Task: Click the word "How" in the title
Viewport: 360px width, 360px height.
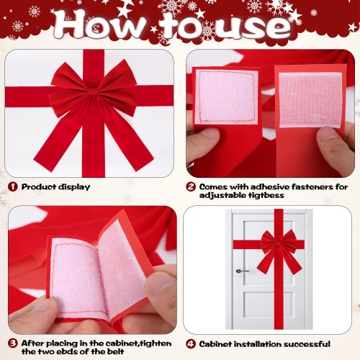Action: [100, 25]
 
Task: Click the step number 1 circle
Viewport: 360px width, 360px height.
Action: [13, 186]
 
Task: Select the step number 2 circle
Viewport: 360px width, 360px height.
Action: [191, 186]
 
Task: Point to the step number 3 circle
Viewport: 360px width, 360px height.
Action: [13, 343]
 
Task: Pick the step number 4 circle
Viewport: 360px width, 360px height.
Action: [191, 344]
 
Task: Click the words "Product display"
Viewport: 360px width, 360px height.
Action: [55, 187]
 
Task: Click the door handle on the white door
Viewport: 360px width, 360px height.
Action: [242, 271]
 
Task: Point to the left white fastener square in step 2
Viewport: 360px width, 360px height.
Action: [226, 97]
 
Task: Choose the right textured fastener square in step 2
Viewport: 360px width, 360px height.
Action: [310, 100]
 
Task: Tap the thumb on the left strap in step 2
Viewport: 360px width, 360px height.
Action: [203, 143]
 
